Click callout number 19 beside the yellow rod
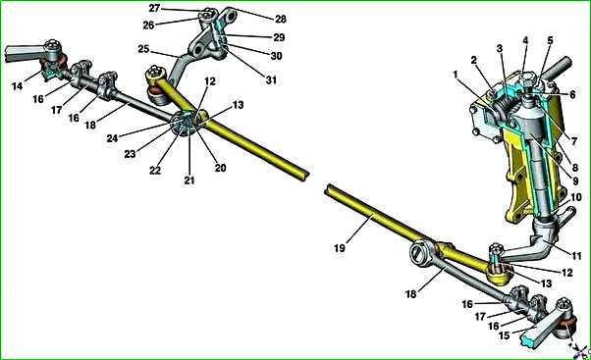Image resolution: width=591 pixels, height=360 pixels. (x=340, y=248)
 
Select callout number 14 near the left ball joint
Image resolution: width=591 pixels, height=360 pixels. (x=18, y=86)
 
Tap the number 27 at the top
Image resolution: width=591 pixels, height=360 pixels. (x=154, y=8)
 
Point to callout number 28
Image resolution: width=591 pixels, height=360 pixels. (x=280, y=19)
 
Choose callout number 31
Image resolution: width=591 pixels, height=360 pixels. (x=271, y=79)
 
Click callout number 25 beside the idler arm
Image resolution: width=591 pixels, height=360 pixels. (x=143, y=49)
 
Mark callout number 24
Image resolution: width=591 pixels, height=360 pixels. (x=112, y=138)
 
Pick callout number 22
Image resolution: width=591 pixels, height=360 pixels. (x=155, y=171)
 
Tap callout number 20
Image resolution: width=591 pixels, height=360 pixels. (x=220, y=168)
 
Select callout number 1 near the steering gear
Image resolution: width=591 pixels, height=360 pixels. (x=456, y=75)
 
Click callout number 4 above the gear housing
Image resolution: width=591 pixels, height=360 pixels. (x=525, y=40)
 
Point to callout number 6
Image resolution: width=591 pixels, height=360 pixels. (x=572, y=94)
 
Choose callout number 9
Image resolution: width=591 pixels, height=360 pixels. (x=575, y=181)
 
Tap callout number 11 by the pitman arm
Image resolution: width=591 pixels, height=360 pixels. (x=576, y=256)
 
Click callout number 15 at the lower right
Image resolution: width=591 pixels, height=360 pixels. (x=504, y=335)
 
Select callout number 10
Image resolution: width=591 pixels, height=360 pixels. (x=576, y=197)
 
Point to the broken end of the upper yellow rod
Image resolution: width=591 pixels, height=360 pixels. (x=305, y=177)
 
